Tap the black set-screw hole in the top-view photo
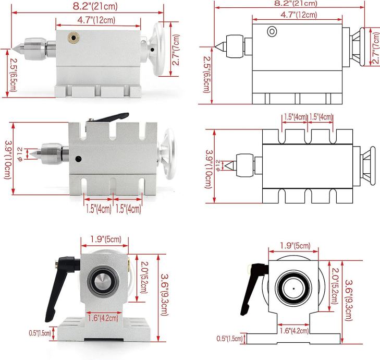tap(78, 159)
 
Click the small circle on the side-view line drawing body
tap(271, 32)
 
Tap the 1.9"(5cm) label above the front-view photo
tap(103, 239)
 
